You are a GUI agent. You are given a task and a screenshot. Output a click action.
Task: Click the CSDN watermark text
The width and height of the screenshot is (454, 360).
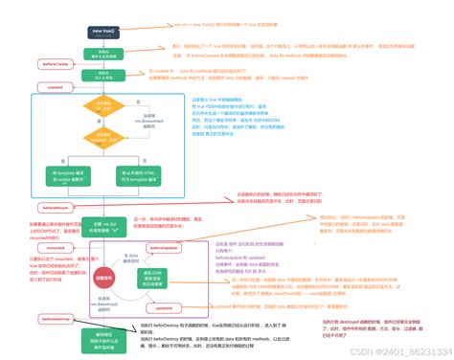click(402, 351)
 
